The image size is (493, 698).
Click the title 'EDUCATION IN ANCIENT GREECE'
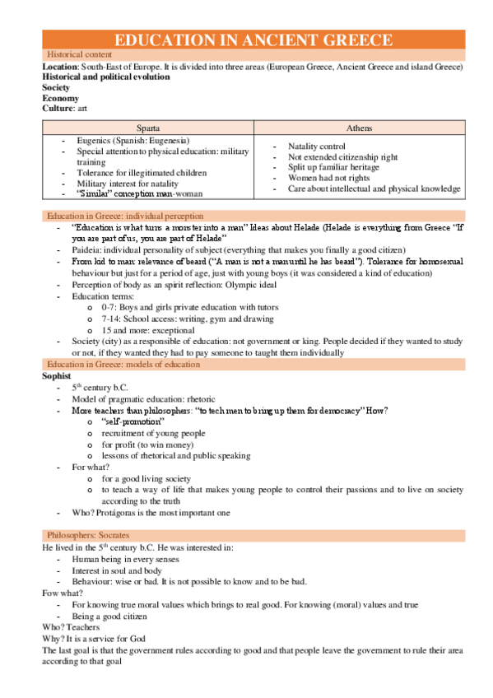[x=253, y=40]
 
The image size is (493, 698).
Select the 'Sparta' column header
[x=148, y=128]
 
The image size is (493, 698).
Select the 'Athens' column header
[x=358, y=128]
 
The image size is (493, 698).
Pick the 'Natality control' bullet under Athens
[x=317, y=146]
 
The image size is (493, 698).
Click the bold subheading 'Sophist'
[x=58, y=375]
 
